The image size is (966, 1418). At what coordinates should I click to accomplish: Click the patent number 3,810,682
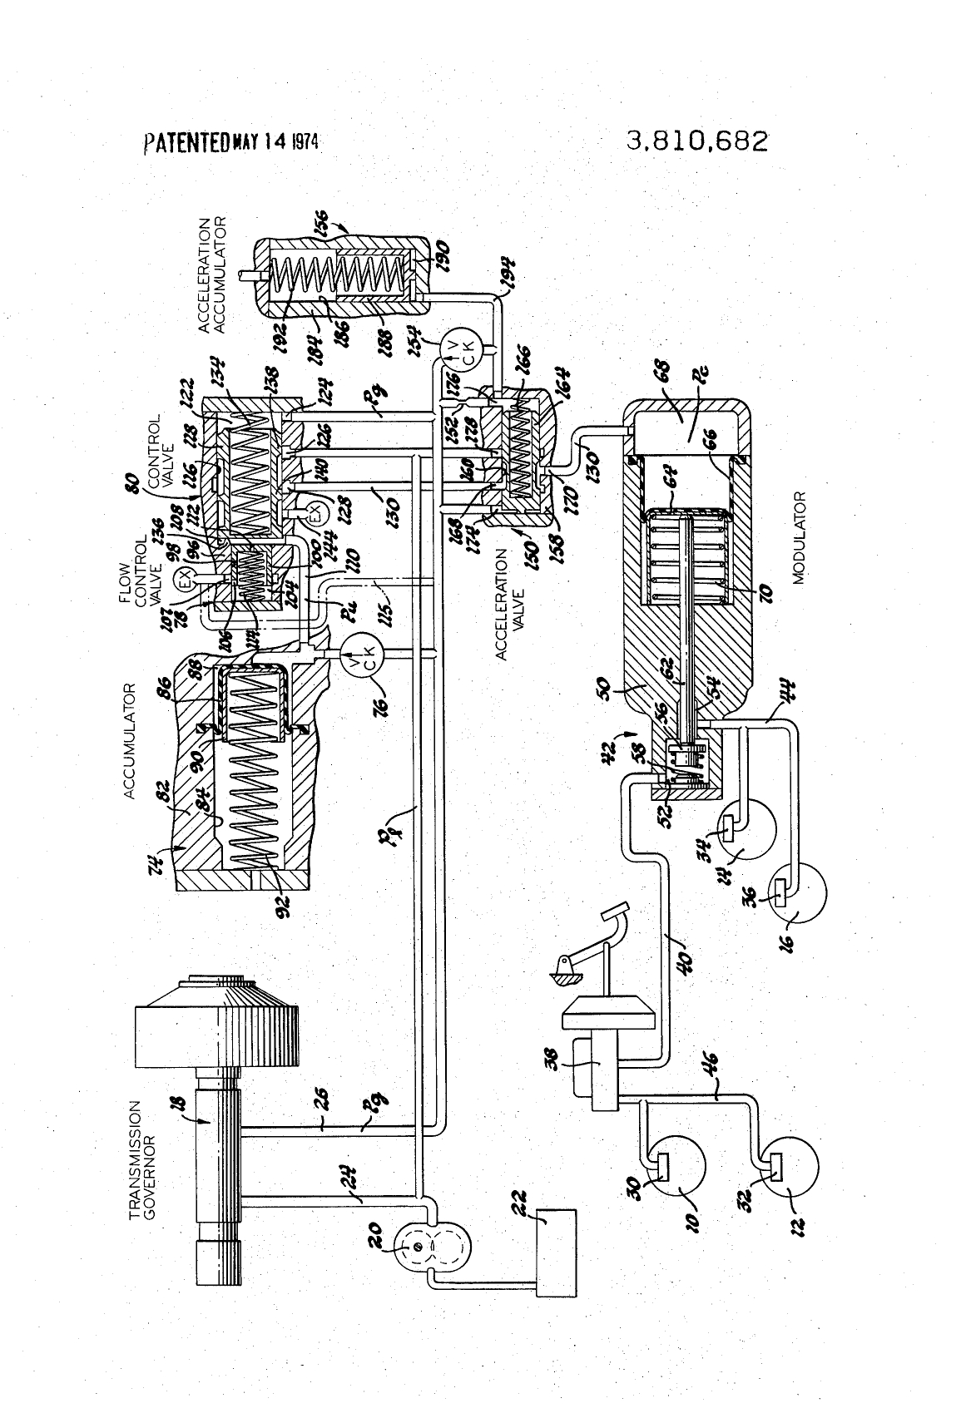[x=697, y=141]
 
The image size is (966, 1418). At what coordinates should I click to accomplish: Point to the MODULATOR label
[x=801, y=538]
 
